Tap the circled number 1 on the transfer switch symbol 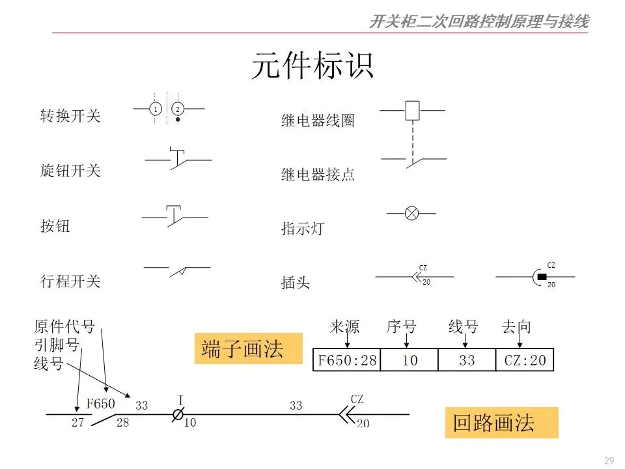[x=156, y=109]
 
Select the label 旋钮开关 [x=71, y=171]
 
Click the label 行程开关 [x=71, y=282]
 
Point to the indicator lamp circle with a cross [x=411, y=212]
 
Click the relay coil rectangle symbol [x=412, y=110]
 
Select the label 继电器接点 [x=318, y=175]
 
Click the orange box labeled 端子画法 [x=248, y=349]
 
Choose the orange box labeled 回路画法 [x=502, y=423]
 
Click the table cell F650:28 [x=347, y=360]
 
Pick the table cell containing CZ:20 [x=524, y=360]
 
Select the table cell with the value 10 [x=410, y=360]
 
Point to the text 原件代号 [x=64, y=326]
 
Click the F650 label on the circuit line [x=101, y=404]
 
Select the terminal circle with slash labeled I [x=177, y=414]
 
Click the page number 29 [x=609, y=461]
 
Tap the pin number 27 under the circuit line [x=78, y=423]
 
